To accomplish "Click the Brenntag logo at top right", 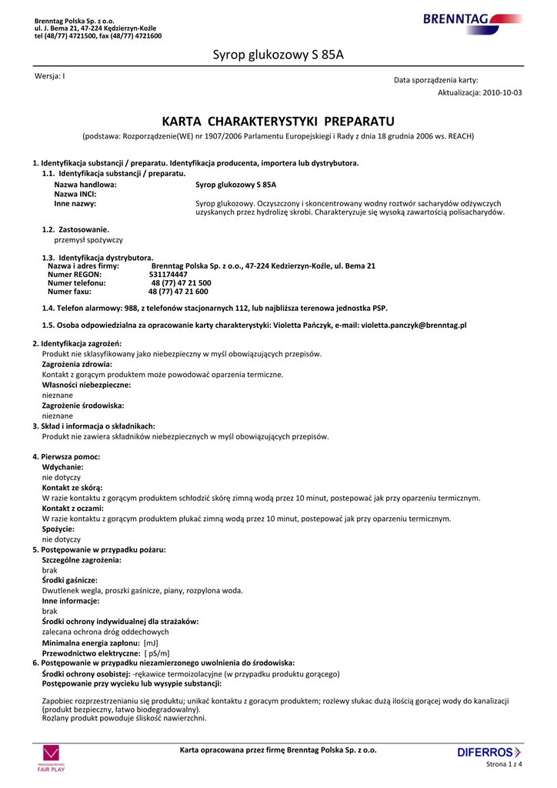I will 472,20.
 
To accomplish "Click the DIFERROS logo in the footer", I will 489,752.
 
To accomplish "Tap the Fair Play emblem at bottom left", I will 51,757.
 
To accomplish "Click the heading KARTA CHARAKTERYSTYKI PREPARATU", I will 278,122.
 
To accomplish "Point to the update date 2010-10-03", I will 503,92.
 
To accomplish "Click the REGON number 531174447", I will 168,274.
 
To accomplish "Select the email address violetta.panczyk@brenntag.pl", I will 414,326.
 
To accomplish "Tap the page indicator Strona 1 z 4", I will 505,764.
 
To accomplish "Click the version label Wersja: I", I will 50,75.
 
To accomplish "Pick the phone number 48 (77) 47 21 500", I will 181,283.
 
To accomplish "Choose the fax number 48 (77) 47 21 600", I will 178,292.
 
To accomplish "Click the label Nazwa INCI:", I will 75,194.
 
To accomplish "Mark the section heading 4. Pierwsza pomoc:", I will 66,457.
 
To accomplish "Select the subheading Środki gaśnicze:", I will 70,580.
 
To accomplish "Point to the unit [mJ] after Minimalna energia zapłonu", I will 151,643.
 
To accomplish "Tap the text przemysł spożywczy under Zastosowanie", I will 77,240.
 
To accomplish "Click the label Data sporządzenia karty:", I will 436,80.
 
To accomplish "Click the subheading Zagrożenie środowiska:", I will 83,405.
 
